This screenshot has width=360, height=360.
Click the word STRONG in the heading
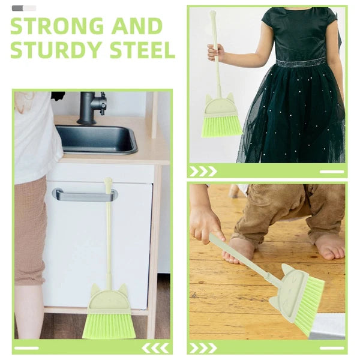[x=57, y=26]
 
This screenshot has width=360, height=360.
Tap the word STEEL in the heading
[x=143, y=50]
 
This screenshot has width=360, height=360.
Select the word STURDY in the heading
[x=56, y=50]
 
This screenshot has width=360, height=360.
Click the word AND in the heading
[x=137, y=26]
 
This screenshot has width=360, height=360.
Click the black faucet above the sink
[x=91, y=107]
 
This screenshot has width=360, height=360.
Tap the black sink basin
[x=97, y=139]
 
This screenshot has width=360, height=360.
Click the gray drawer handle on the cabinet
[x=85, y=194]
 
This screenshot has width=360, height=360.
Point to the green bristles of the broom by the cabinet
[x=109, y=326]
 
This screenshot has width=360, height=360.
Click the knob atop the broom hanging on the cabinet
[x=108, y=182]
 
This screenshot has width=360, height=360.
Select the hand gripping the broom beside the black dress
[x=215, y=52]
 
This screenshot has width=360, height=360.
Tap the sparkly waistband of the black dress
[x=301, y=62]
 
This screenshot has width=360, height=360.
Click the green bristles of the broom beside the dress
[x=221, y=127]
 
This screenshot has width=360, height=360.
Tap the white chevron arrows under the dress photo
[x=203, y=171]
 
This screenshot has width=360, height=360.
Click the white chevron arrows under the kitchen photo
[x=155, y=348]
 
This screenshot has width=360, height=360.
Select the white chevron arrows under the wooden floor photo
[x=203, y=348]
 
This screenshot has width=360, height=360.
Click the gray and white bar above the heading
[x=24, y=8]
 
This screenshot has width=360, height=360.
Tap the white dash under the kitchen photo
[x=26, y=348]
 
